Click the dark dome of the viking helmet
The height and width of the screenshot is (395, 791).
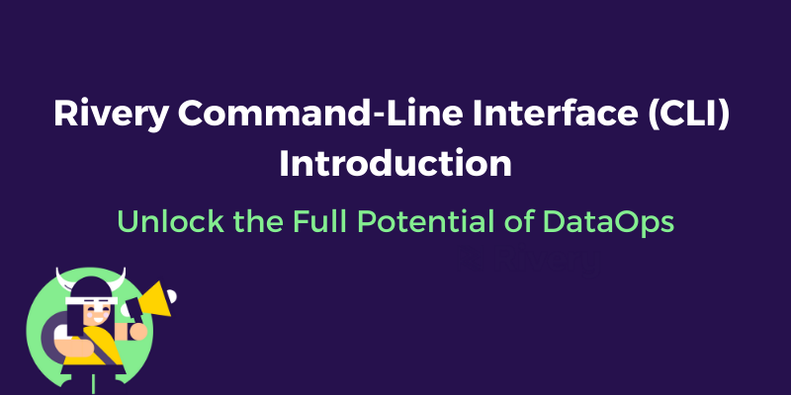click(x=89, y=288)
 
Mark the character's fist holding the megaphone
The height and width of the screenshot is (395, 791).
click(x=138, y=330)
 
